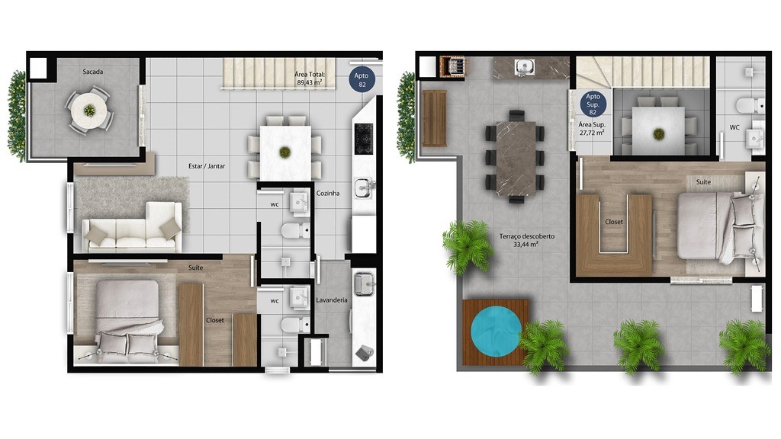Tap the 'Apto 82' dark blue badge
click(362, 80)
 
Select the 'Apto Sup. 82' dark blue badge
click(593, 104)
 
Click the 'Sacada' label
click(92, 72)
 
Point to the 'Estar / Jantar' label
click(207, 166)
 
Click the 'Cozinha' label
click(328, 193)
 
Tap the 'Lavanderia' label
click(332, 300)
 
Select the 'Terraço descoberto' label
click(527, 236)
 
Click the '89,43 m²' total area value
click(310, 82)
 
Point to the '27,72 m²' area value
click(592, 133)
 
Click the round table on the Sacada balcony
click(89, 111)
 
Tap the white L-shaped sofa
click(132, 227)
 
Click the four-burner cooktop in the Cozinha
click(364, 139)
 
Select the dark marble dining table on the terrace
click(516, 158)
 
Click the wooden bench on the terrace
click(434, 118)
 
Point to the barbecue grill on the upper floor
click(455, 66)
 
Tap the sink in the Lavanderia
click(364, 284)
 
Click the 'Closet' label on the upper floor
click(614, 222)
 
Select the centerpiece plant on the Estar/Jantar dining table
click(285, 152)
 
